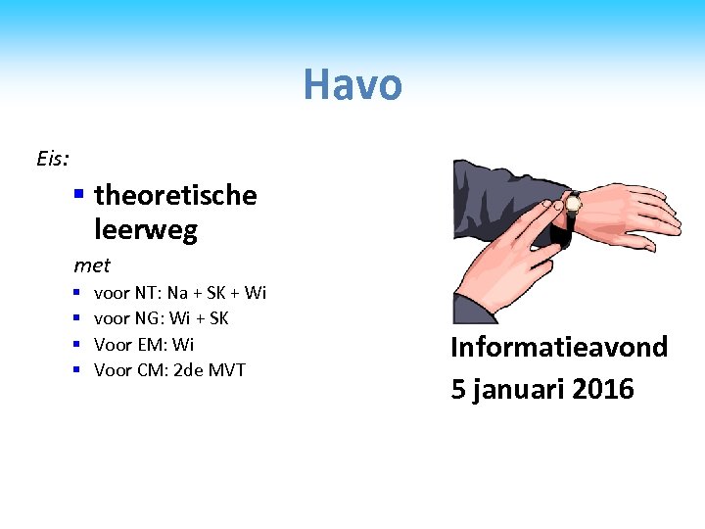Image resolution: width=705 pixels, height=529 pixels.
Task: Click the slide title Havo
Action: coord(352,84)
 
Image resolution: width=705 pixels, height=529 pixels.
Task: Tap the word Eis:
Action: coord(52,158)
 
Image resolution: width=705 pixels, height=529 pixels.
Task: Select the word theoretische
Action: coord(175,195)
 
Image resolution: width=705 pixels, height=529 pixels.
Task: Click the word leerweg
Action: coord(146,230)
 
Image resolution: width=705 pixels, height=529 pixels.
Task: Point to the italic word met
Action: coord(92,265)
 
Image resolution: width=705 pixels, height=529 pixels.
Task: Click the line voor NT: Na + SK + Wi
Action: coord(180,293)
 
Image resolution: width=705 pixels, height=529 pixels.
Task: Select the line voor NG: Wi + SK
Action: coord(162,318)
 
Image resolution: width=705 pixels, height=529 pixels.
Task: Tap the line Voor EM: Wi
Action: coord(144,344)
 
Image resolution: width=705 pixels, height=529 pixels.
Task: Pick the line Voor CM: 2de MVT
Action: coord(169,369)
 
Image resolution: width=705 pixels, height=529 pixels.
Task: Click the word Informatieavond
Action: coord(559,347)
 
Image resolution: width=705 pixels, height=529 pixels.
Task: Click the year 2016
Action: coord(603,389)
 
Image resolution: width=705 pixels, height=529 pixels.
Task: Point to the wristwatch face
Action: coord(572,204)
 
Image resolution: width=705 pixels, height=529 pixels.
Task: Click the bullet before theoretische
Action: coord(79,195)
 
